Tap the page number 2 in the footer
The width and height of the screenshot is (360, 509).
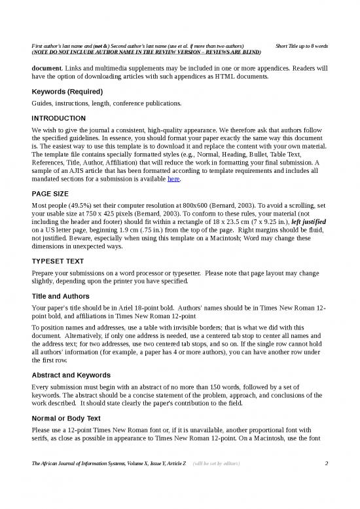pos(326,483)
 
